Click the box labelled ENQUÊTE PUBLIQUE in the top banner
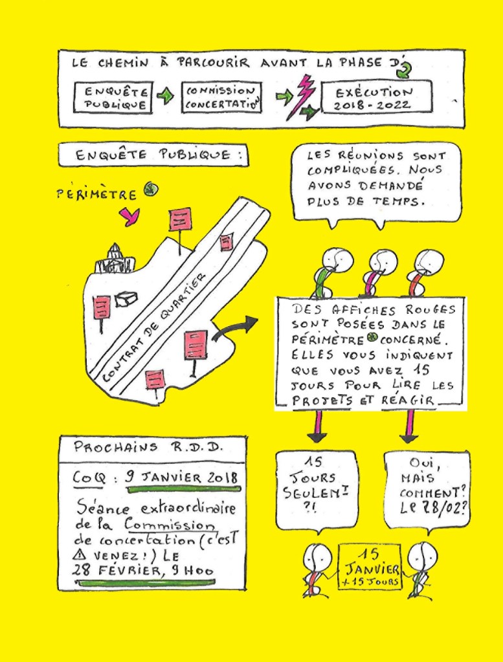113,97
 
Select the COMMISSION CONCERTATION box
221,97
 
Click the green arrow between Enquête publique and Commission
166,97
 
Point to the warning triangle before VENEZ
82,555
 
